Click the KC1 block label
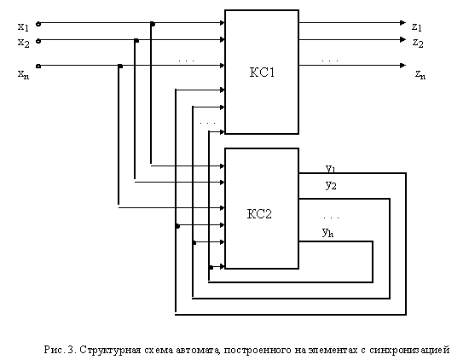tap(262, 73)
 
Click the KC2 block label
tap(259, 214)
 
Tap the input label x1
tap(23, 27)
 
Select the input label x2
tap(23, 44)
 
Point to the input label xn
tap(23, 74)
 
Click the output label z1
tap(417, 27)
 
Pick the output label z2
tap(418, 44)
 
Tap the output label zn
tap(420, 74)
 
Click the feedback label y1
tap(331, 169)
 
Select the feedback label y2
tap(331, 185)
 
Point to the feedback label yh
tap(327, 232)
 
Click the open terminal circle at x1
tap(38, 24)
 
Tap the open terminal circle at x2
tap(38, 41)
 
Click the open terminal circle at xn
tap(38, 67)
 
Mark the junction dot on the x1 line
tap(153, 24)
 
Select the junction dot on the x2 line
tap(136, 40)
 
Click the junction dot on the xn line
tap(120, 67)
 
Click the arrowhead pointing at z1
tap(402, 23)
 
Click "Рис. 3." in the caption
tap(61, 349)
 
